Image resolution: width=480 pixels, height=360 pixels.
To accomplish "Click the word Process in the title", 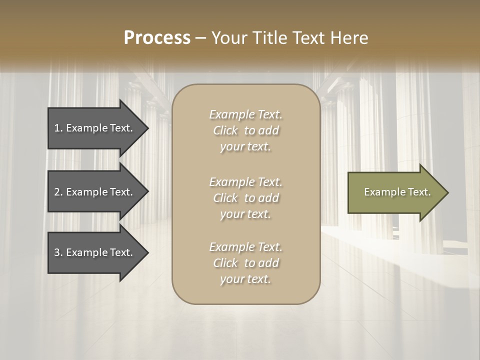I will (157, 38).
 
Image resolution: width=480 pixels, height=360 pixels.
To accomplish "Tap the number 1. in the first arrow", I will (58, 128).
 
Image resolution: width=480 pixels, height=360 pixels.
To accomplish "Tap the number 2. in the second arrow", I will (58, 192).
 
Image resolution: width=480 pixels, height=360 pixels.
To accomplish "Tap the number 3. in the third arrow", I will (58, 252).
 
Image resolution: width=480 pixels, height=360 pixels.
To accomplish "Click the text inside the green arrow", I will (397, 192).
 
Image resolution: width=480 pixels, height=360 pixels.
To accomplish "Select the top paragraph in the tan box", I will (245, 130).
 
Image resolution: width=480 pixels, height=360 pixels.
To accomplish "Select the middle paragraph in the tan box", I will (245, 198).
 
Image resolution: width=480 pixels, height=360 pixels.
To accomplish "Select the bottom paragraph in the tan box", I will (245, 263).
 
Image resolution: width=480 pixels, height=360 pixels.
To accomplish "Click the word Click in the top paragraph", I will (225, 130).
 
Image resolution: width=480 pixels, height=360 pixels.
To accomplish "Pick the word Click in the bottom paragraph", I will (225, 263).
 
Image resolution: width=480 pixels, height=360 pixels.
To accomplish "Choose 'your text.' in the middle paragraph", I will (245, 214).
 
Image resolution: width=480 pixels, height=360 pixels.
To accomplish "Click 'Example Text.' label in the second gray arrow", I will (99, 192).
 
